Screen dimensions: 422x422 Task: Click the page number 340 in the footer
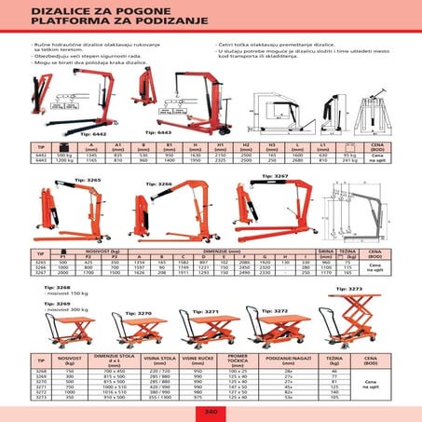(x=211, y=410)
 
